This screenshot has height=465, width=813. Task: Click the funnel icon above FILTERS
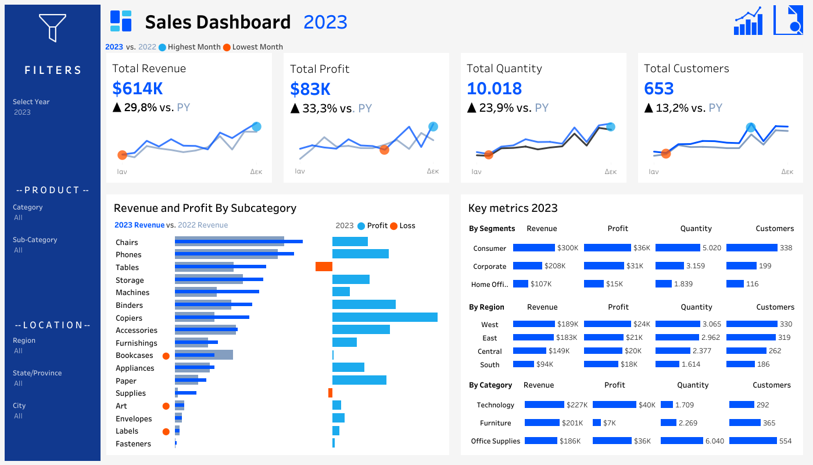click(x=52, y=27)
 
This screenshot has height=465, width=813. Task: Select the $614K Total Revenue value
click(x=138, y=88)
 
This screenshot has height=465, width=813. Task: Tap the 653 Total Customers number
click(x=659, y=88)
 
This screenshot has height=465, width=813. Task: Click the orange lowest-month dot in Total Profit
click(x=384, y=150)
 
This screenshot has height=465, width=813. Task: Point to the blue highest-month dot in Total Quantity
click(x=610, y=127)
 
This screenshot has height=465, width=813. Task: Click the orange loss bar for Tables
click(x=324, y=267)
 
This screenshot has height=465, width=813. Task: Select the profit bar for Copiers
click(x=385, y=317)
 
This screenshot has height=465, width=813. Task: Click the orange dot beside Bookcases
click(x=166, y=356)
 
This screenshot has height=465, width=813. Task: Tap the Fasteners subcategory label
click(x=133, y=444)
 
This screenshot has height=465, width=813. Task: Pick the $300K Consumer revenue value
click(x=568, y=248)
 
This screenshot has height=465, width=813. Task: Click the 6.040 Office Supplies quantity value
click(x=714, y=441)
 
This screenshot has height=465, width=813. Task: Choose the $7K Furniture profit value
click(x=610, y=423)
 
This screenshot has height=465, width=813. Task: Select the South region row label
click(x=490, y=365)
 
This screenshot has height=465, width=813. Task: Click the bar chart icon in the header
click(x=748, y=22)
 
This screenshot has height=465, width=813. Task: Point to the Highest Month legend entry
click(x=189, y=47)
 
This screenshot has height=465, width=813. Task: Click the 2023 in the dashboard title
click(x=325, y=22)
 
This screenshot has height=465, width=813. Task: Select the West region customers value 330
click(x=786, y=324)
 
